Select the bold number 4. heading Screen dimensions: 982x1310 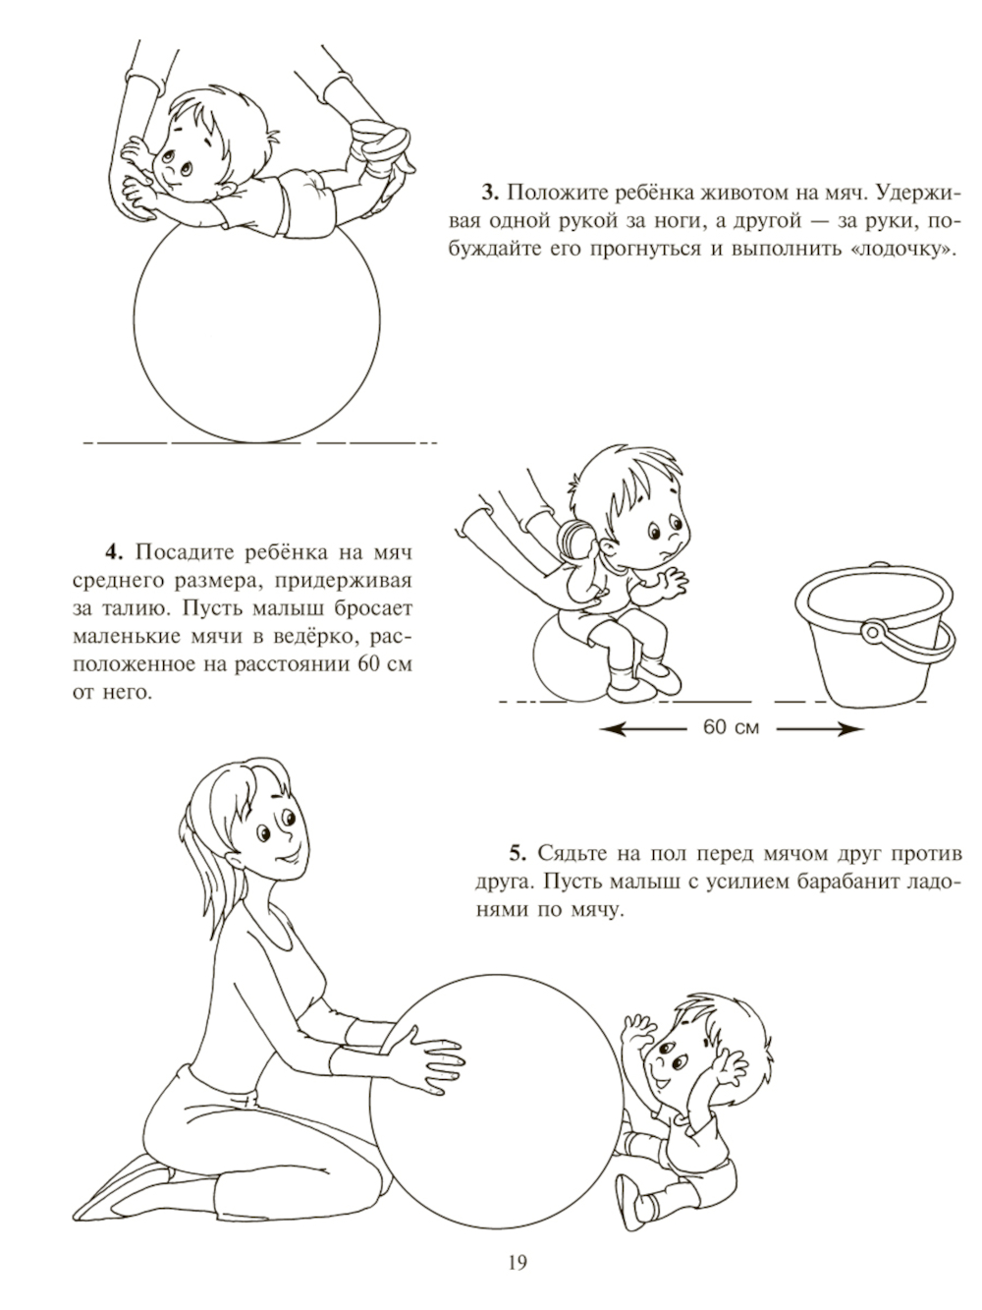(114, 552)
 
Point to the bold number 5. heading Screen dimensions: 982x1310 (518, 853)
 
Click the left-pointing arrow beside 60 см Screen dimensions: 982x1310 (643, 729)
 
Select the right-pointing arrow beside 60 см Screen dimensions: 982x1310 (820, 729)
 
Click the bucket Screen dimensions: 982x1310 (875, 634)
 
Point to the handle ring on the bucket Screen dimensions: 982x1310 (874, 632)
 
